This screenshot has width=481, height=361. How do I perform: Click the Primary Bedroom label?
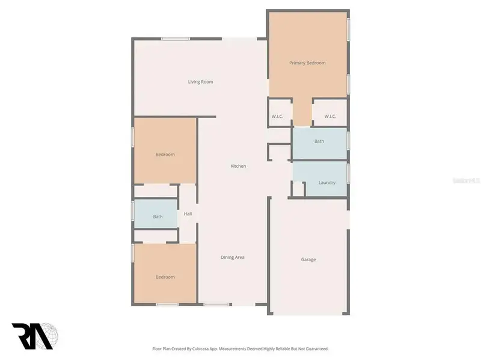pos(307,63)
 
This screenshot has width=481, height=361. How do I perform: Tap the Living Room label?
pos(200,82)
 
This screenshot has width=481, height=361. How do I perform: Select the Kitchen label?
pos(238,166)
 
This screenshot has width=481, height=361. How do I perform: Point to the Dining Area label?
pos(233,258)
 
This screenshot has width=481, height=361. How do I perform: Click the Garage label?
pos(308,259)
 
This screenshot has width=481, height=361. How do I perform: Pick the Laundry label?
pos(327,183)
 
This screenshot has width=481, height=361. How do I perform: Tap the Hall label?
pos(188,214)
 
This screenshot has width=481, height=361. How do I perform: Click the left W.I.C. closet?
pos(277,116)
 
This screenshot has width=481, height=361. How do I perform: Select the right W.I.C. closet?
pos(330,116)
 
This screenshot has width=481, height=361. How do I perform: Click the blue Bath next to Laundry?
pos(319,142)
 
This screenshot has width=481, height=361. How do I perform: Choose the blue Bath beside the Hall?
pos(158,217)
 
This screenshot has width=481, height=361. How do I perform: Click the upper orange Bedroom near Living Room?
pos(165,155)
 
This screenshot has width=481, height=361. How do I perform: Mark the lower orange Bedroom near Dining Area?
pos(165,277)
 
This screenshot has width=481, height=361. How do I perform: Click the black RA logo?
pos(27,335)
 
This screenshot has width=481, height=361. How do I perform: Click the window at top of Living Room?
pos(176,39)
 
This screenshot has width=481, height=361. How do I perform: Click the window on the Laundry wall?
pos(348,173)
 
